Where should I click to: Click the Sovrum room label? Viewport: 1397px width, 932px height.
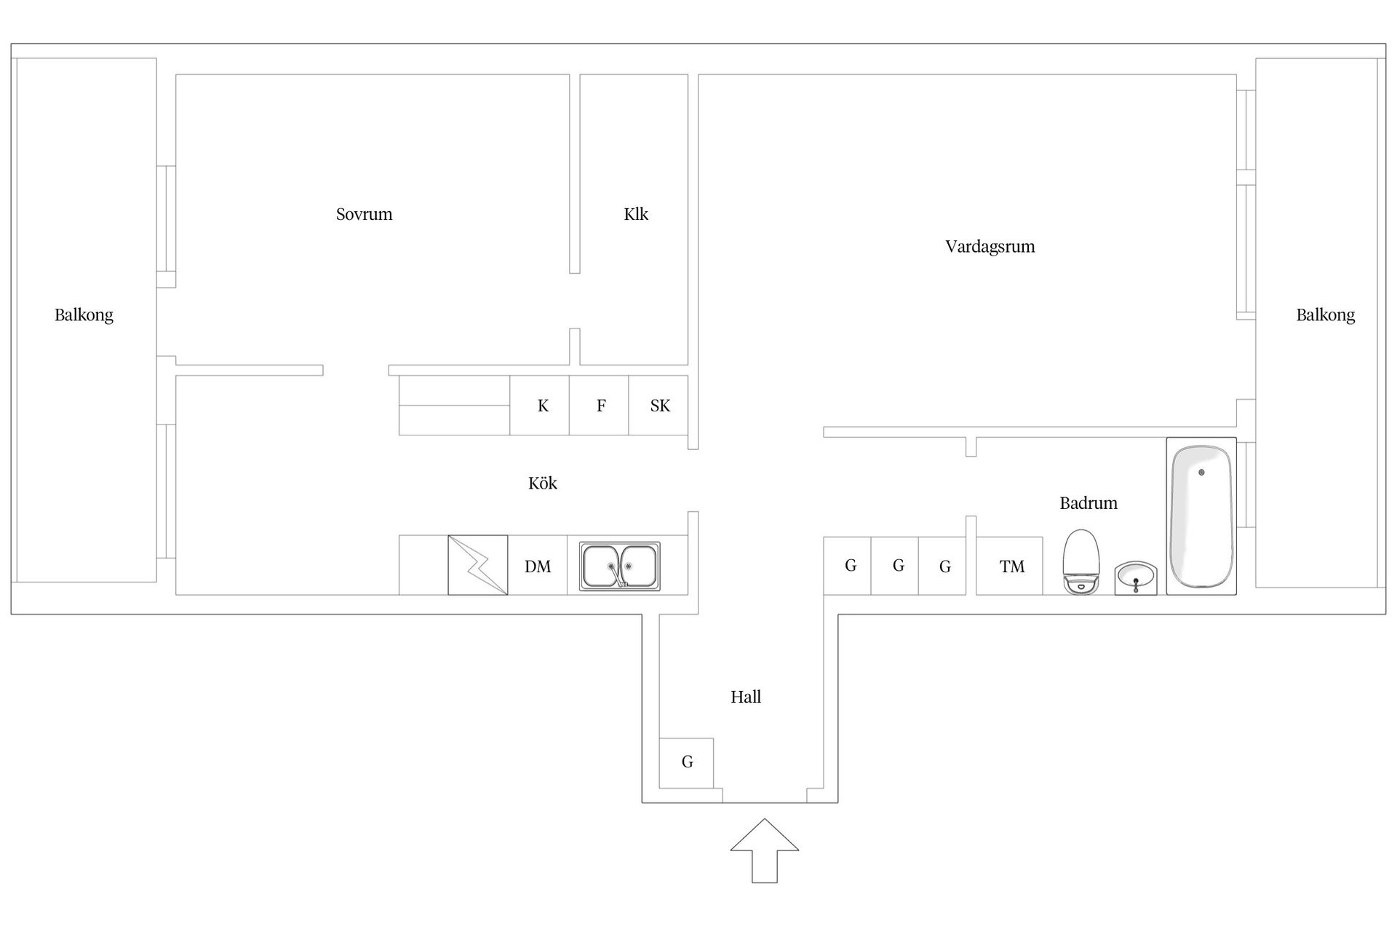pos(364,214)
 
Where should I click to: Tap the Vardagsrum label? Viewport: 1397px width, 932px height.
pos(990,247)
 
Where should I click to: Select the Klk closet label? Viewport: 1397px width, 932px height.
pos(636,214)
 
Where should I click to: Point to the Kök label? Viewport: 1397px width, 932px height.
pos(543,483)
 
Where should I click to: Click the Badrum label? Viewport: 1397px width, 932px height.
pos(1088,503)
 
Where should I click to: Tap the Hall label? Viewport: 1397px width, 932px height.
pos(746,697)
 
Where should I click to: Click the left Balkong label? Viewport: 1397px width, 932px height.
pos(84,315)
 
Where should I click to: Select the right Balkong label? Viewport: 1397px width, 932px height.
pos(1326,315)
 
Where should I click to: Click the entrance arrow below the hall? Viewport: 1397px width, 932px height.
pos(765,850)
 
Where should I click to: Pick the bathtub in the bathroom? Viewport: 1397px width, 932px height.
pos(1201,516)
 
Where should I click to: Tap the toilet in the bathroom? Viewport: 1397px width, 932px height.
pos(1080,562)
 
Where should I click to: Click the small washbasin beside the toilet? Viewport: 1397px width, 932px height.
pos(1136,577)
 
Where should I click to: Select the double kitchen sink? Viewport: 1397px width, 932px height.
pos(620,566)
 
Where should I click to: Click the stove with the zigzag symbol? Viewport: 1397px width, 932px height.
pos(477,565)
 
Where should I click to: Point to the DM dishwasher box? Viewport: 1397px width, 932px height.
pos(538,566)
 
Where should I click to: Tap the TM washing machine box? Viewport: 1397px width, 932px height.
pos(1009,566)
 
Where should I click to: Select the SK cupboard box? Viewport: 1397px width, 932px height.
pos(658,406)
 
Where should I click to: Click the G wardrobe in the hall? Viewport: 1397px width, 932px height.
pos(686,763)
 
